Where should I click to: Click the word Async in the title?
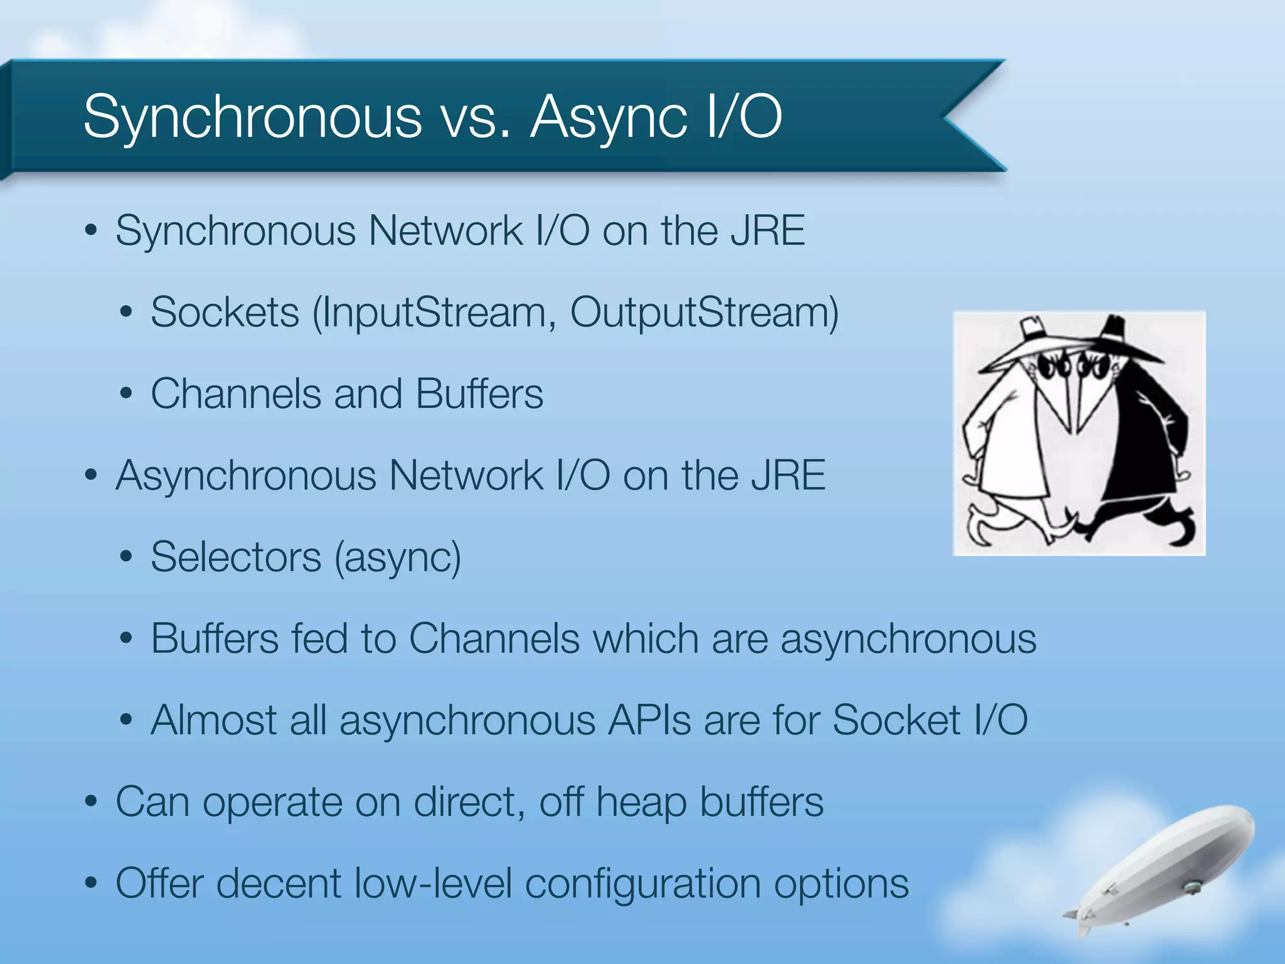(608, 117)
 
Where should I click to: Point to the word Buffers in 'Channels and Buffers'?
(479, 394)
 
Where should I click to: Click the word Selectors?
(236, 557)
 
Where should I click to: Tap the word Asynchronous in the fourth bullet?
(245, 475)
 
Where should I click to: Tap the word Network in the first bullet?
(445, 230)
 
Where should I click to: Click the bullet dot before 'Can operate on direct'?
(92, 801)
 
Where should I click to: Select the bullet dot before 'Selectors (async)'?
(127, 557)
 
